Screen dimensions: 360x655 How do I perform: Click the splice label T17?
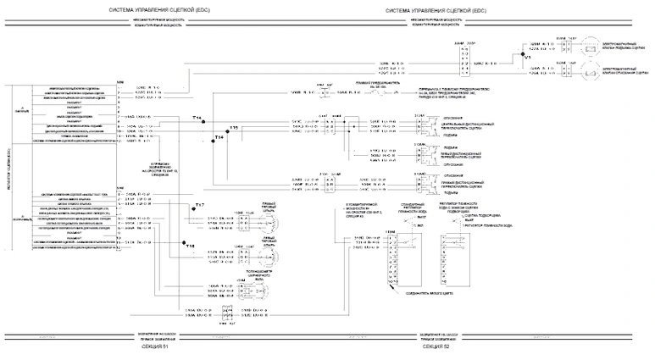coord(200,206)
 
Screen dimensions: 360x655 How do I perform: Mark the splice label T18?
coord(190,246)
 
